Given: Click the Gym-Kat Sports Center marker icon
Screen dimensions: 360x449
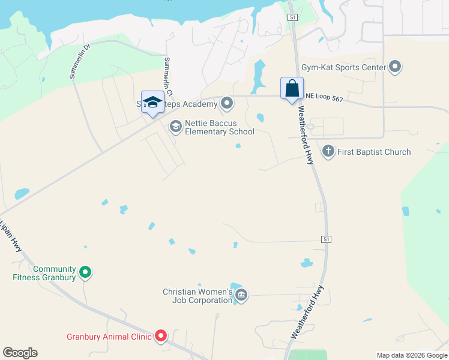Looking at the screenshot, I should pyautogui.click(x=395, y=67).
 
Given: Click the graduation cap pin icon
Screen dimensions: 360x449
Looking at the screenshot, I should pyautogui.click(x=152, y=101).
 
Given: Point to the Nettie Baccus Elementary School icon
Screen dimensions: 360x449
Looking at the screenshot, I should pyautogui.click(x=176, y=126).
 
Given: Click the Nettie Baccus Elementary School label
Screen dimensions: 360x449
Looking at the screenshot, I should pyautogui.click(x=219, y=127).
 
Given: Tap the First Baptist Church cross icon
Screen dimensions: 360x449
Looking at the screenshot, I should pyautogui.click(x=328, y=151).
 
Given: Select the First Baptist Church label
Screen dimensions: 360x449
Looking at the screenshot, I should pyautogui.click(x=374, y=152).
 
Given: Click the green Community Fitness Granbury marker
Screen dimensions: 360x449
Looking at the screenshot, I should pyautogui.click(x=85, y=273).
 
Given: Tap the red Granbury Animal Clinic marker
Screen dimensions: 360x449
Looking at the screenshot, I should pyautogui.click(x=161, y=337).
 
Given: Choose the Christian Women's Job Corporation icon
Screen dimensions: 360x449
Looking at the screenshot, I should pyautogui.click(x=241, y=295).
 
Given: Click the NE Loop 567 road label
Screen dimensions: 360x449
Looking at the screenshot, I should pyautogui.click(x=324, y=97).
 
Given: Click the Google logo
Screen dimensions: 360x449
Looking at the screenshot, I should pyautogui.click(x=20, y=353).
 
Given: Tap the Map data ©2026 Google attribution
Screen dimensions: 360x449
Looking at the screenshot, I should pyautogui.click(x=412, y=355).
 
